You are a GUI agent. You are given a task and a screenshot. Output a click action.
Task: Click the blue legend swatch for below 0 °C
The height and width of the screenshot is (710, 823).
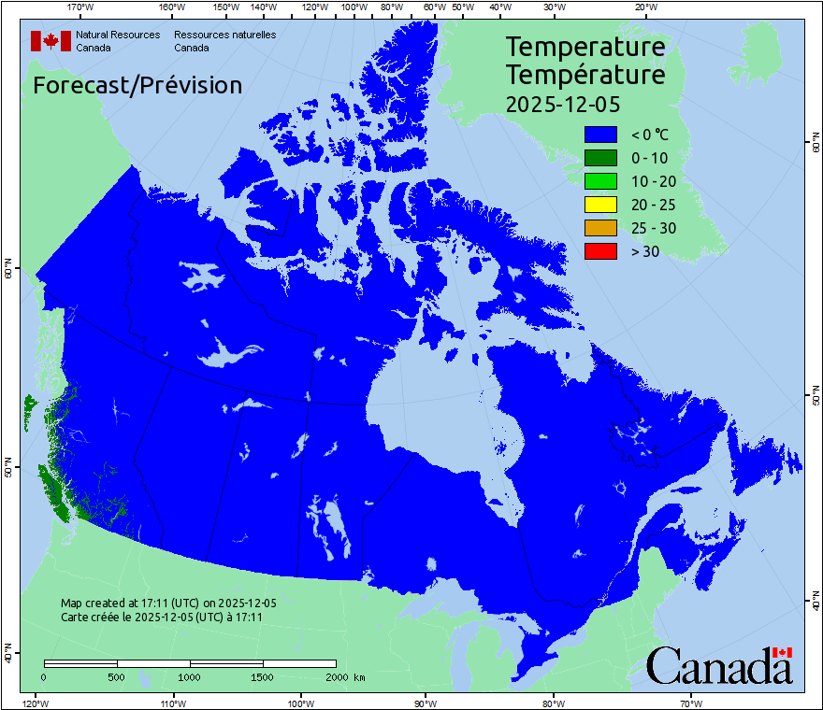tap(600, 135)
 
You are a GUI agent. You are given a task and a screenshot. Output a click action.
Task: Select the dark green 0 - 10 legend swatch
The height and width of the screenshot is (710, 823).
tap(600, 158)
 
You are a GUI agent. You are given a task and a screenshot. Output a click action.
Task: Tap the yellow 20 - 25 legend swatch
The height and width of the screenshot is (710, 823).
tap(600, 205)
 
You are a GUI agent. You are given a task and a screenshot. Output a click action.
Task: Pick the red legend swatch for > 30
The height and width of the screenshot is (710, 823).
tap(600, 250)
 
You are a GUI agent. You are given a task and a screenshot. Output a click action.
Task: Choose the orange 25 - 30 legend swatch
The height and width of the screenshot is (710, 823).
tap(600, 228)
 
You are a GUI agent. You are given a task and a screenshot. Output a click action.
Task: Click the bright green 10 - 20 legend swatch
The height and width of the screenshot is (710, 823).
tap(600, 181)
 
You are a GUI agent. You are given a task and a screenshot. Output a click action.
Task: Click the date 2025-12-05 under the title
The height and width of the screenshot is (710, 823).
tap(563, 104)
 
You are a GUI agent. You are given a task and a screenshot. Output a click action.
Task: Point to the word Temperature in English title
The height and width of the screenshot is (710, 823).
tap(585, 47)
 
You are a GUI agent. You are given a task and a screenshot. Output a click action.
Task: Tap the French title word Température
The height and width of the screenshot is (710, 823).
tap(585, 74)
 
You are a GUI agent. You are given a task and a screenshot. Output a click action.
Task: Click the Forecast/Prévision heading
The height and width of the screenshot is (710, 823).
tap(137, 85)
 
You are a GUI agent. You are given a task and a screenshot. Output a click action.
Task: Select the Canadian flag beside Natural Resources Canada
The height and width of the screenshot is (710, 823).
tap(51, 41)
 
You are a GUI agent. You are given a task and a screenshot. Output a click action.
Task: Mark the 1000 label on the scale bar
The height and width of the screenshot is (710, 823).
tap(190, 676)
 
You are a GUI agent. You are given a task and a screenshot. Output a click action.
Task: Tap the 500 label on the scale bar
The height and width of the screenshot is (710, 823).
tap(117, 676)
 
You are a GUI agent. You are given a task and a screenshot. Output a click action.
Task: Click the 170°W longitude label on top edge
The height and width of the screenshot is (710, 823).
tap(81, 7)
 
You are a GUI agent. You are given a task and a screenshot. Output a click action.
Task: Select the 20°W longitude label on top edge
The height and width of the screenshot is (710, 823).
tap(644, 7)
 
